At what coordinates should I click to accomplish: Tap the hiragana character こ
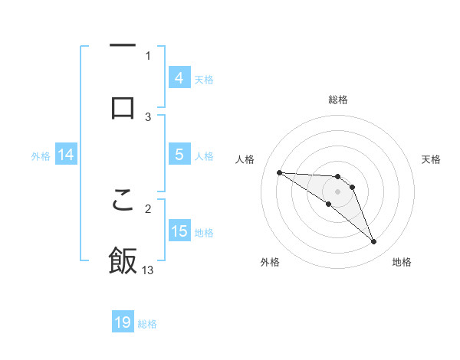[123, 198]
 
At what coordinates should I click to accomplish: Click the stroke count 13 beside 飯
[148, 270]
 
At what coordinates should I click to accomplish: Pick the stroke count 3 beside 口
[148, 116]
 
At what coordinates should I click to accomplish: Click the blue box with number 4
[179, 78]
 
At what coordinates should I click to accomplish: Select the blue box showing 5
[179, 155]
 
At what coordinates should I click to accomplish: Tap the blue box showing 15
[179, 231]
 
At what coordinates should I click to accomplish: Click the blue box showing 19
[123, 323]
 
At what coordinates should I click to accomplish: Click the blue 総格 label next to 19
[147, 324]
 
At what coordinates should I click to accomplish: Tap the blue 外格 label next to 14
[41, 156]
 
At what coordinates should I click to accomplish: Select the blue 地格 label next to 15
[204, 233]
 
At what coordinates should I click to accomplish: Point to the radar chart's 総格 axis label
[338, 100]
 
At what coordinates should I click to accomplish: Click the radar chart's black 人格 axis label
[245, 159]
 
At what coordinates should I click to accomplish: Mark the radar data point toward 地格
[373, 242]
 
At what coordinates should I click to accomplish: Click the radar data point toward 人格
[279, 172]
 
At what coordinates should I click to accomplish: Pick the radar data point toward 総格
[338, 176]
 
